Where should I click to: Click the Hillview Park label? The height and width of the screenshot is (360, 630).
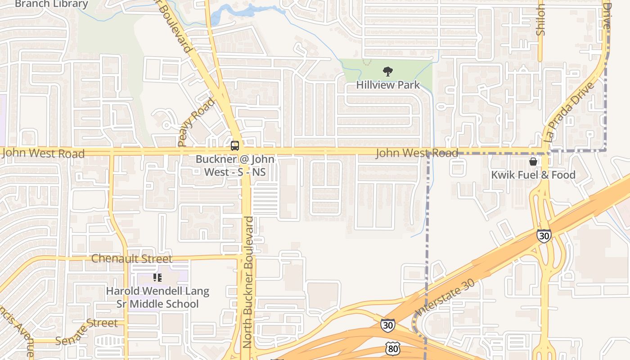[x=387, y=85]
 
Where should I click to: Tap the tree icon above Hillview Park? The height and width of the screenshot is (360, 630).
[x=387, y=71]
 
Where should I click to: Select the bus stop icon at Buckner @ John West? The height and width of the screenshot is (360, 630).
[x=234, y=145]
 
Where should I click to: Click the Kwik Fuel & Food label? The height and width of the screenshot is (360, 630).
[x=533, y=175]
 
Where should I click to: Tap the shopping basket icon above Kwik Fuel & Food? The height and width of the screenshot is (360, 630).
[x=533, y=162]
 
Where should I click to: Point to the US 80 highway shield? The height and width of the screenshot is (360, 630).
[x=392, y=347]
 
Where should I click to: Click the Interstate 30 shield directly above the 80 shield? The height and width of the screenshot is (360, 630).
[x=387, y=325]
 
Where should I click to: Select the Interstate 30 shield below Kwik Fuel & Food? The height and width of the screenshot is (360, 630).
[x=544, y=235]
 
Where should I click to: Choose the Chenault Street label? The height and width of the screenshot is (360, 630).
[x=131, y=259]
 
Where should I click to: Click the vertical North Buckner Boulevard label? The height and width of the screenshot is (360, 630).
[x=248, y=282]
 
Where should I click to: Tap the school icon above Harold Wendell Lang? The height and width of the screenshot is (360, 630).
[x=157, y=278]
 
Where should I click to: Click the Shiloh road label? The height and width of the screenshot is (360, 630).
[x=541, y=20]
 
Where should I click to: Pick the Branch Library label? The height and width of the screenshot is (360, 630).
[x=51, y=4]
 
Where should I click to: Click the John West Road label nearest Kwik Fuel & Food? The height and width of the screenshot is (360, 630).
[x=417, y=153]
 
